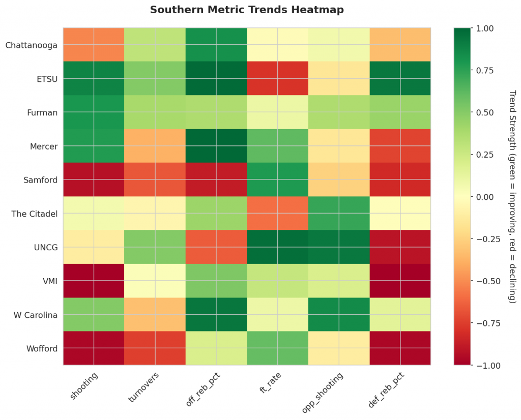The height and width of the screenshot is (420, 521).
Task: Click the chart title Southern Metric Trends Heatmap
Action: [247, 10]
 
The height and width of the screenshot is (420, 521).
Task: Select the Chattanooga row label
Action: [31, 45]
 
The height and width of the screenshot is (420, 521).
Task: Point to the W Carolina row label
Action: [35, 315]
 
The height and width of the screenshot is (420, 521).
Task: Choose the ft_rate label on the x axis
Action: [270, 384]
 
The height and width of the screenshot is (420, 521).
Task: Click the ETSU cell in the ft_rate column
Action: [277, 78]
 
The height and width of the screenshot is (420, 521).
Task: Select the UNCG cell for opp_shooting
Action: [338, 247]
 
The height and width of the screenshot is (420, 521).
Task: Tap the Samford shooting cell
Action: [94, 179]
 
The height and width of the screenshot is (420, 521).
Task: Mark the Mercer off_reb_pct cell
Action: [216, 146]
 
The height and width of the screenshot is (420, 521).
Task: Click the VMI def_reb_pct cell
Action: [400, 281]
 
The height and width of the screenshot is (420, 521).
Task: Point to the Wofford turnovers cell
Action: [155, 348]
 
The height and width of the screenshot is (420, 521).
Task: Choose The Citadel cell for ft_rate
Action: [277, 214]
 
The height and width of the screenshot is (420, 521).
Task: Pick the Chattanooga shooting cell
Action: [94, 45]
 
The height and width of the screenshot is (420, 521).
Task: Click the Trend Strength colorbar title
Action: [512, 197]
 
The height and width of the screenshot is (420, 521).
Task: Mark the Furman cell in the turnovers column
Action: [155, 112]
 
